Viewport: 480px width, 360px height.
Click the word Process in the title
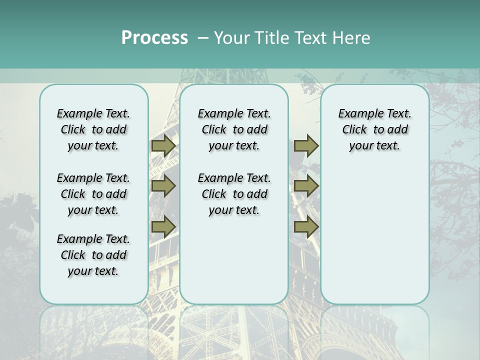154,38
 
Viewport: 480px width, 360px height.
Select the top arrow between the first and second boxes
163,146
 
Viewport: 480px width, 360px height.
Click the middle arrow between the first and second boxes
163,186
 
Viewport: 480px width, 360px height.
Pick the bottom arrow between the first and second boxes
163,226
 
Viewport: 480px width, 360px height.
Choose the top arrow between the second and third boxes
306,146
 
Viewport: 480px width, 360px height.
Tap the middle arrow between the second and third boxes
306,186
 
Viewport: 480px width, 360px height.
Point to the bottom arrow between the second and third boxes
306,226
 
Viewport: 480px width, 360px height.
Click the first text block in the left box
93,129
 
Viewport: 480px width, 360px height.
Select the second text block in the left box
93,194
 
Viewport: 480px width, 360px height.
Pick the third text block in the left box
93,255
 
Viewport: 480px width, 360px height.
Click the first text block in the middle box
234,129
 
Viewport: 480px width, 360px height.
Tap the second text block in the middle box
234,194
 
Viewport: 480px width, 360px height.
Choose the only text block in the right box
375,129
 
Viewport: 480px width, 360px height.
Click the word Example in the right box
357,114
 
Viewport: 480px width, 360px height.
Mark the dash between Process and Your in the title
203,38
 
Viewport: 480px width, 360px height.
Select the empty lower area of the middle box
234,260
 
